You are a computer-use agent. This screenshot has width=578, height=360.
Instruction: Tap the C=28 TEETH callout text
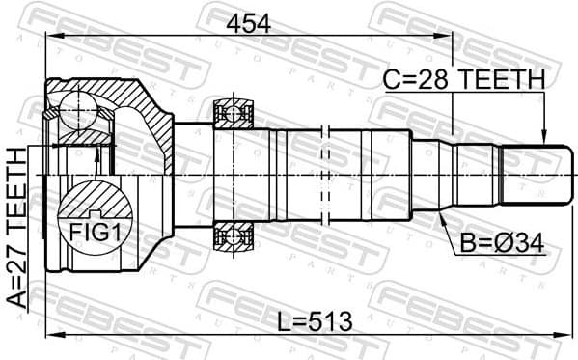464,79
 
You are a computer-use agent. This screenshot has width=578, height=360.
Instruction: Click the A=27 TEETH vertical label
16,227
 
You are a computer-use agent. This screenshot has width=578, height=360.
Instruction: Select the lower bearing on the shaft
234,235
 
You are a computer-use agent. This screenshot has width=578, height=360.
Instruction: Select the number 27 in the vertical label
16,261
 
